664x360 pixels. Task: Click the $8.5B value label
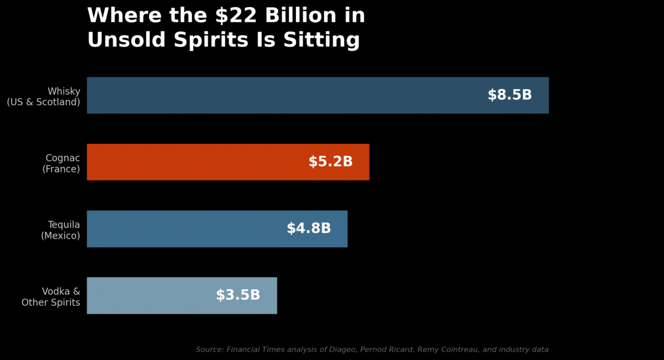pos(510,95)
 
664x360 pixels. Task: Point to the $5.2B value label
pos(330,162)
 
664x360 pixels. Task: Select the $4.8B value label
pos(309,228)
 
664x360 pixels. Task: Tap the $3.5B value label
pos(238,295)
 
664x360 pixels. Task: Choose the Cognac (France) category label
pos(61,164)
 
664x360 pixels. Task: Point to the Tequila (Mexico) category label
pos(61,230)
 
